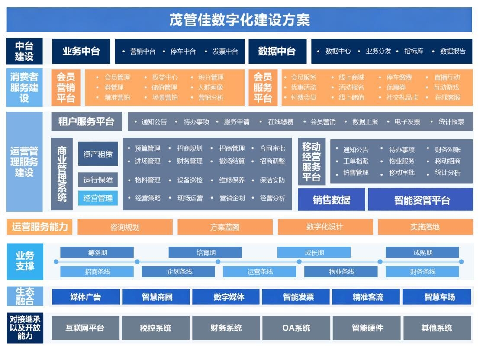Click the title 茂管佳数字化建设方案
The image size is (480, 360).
coord(239,20)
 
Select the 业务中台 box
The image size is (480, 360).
coord(81,51)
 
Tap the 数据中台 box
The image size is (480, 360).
coord(277,51)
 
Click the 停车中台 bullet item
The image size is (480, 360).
coord(183,51)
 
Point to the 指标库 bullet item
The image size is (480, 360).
coord(414,51)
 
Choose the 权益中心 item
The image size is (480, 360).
coord(165,77)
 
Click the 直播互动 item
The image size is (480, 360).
coord(447,77)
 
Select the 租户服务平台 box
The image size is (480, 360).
coord(86,122)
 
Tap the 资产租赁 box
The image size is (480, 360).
coord(98,154)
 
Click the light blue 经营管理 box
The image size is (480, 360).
coord(98,198)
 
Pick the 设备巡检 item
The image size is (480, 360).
coord(190,180)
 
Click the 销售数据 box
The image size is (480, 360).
coord(332,200)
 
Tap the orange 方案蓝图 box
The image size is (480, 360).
coord(225,227)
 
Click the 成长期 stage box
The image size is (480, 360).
coord(314,253)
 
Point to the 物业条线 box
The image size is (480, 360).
coord(341,272)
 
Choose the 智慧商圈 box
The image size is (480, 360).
coord(157,297)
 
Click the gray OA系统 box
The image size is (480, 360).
coord(296,328)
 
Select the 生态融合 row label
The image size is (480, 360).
coord(25,296)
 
